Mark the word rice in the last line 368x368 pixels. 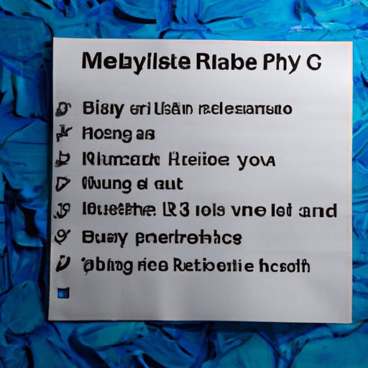click(152, 265)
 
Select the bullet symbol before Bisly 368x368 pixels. click(63, 109)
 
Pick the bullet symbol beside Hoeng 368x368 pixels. click(63, 134)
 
